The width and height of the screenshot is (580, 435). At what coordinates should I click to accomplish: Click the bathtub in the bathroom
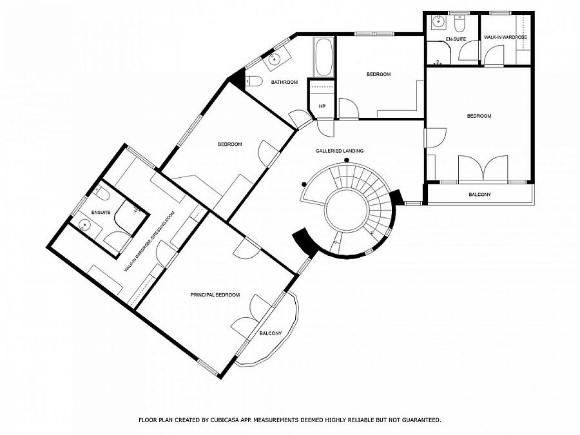324,57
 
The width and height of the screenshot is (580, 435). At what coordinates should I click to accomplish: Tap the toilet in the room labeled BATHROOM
254,81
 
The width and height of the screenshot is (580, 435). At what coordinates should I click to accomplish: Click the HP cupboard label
322,106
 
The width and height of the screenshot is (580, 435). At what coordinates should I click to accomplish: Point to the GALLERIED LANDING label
339,151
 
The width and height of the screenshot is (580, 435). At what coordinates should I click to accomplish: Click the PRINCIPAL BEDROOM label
215,295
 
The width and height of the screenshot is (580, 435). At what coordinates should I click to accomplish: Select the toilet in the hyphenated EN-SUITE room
459,24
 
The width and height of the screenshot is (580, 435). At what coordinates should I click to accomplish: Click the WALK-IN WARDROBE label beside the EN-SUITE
505,37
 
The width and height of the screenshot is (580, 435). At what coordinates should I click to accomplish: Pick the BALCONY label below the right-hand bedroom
479,194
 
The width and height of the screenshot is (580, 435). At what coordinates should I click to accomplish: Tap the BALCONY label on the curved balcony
270,333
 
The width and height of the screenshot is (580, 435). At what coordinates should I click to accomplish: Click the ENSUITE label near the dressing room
101,212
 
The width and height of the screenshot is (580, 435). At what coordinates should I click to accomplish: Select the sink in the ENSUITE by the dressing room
84,225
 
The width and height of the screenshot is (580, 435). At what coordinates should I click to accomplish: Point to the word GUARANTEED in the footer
414,420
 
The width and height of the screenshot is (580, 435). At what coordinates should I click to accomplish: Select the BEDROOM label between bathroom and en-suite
378,74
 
